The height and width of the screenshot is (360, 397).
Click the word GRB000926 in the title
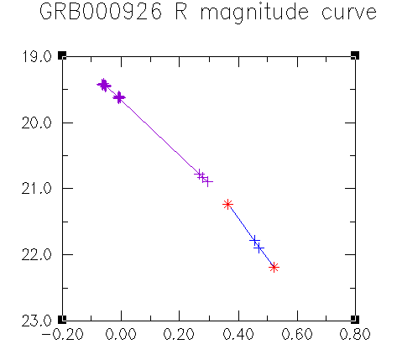pos(101,12)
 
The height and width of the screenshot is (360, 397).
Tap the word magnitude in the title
pos(254,13)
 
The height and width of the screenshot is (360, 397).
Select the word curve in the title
pos(349,13)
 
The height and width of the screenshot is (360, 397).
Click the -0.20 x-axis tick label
pos(62,334)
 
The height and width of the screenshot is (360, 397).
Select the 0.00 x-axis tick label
pos(121,334)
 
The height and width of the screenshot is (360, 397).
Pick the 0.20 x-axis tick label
pos(179,334)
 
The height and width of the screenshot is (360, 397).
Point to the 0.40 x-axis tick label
pos(238,334)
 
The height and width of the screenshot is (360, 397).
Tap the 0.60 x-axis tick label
pos(297,334)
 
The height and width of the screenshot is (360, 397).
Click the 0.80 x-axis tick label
pos(355,334)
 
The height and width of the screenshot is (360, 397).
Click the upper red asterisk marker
pos(228,205)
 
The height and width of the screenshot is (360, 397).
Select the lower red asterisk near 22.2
pos(274,268)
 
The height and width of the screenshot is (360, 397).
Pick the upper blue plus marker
pos(254,240)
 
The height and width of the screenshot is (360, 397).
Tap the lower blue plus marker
pos(259,248)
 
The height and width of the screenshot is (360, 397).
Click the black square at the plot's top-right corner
pos(355,55)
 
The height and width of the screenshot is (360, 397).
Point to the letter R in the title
pos(181,12)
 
